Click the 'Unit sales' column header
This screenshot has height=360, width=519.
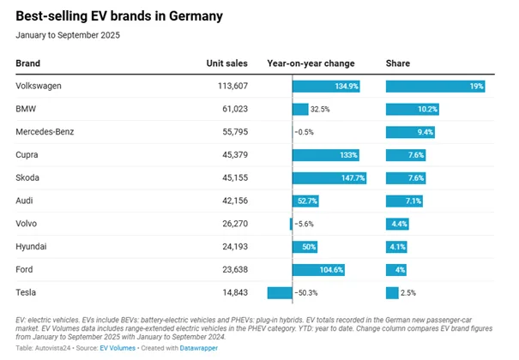point(226,63)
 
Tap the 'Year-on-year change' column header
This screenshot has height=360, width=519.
point(311,63)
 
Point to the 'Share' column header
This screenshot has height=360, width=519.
point(399,63)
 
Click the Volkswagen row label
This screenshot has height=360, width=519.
point(39,87)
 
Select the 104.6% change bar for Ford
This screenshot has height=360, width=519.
point(318,270)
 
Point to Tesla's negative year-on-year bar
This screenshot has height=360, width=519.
point(280,293)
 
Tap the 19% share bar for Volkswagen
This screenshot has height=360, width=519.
point(436,87)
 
